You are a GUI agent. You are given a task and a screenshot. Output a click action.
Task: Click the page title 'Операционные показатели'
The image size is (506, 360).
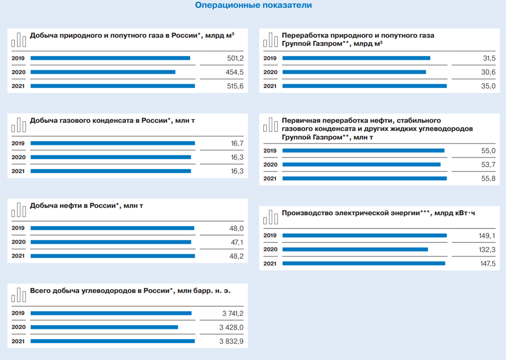[253, 5]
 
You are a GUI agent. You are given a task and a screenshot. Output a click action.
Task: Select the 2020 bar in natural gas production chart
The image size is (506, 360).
[103, 72]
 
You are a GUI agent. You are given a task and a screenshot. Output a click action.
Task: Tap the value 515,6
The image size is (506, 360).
[235, 86]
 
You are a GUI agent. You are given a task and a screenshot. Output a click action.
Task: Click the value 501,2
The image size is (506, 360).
[235, 58]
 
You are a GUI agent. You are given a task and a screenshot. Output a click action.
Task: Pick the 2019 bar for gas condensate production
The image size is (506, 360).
[113, 143]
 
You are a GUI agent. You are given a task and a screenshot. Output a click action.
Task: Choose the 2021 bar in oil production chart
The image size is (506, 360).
[113, 256]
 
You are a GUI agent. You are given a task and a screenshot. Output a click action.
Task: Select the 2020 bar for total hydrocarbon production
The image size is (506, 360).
[104, 327]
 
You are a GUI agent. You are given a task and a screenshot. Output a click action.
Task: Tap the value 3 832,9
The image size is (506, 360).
[231, 341]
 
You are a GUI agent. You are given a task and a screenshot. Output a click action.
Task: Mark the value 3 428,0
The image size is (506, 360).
[231, 327]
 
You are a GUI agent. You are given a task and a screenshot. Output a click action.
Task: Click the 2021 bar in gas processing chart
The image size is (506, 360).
[364, 86]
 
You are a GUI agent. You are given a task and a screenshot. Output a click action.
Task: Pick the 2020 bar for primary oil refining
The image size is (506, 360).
[361, 165]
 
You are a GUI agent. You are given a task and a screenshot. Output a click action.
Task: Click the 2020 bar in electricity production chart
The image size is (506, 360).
[355, 250]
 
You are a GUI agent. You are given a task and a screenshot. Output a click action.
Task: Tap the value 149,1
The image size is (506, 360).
[487, 235]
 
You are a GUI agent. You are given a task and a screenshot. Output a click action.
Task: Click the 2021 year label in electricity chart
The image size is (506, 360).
[270, 263]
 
